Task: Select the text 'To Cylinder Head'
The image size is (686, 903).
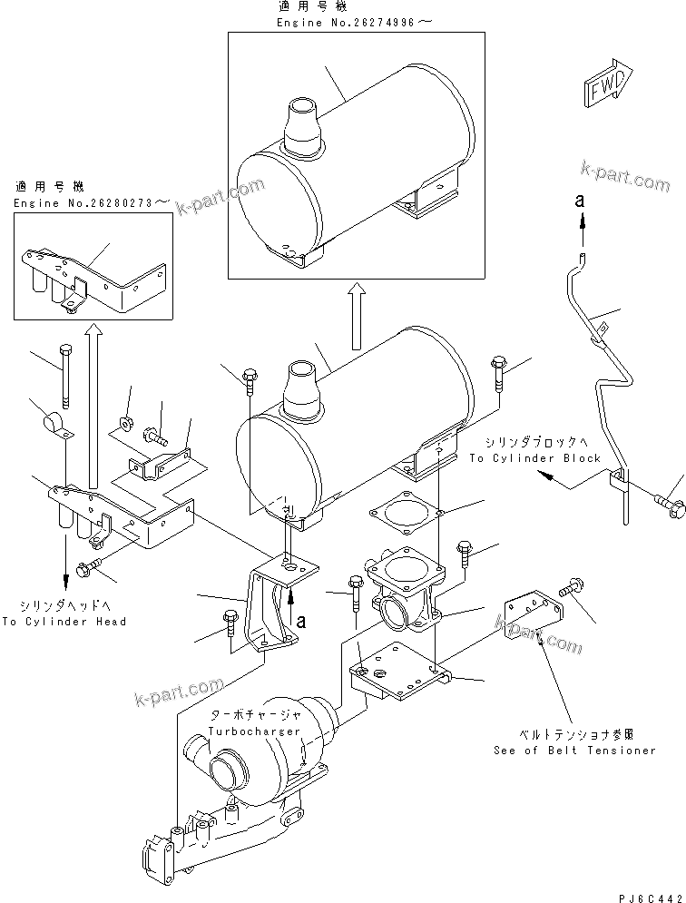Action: pyautogui.click(x=64, y=622)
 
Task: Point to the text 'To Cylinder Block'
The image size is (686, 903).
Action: pyautogui.click(x=534, y=458)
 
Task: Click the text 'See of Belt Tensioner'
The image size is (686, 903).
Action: pyautogui.click(x=574, y=751)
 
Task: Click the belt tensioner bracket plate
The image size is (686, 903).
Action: pyautogui.click(x=530, y=618)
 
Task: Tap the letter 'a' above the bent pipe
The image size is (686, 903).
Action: pyautogui.click(x=578, y=201)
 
